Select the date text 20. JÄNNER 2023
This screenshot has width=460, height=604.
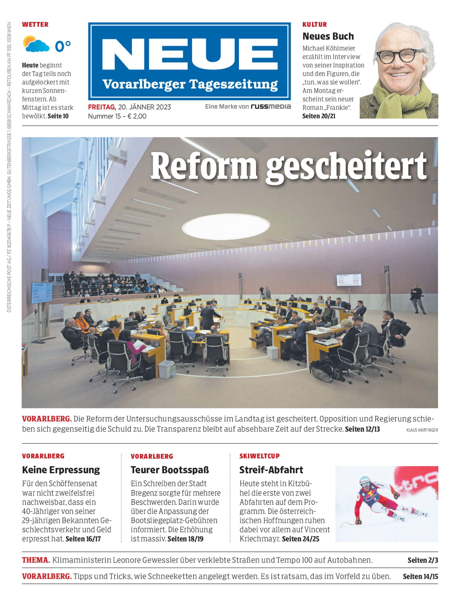[144, 107]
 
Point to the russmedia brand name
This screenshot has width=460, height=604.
[271, 107]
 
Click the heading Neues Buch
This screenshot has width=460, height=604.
[328, 36]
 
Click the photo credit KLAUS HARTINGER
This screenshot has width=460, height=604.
[422, 430]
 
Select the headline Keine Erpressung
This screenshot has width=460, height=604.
[61, 470]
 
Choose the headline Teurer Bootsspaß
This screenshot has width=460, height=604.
[170, 470]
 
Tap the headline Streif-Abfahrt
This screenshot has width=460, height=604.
[271, 470]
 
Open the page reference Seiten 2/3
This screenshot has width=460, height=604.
[423, 560]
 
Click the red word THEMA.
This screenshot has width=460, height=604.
[36, 560]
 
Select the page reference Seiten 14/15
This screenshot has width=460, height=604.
[420, 576]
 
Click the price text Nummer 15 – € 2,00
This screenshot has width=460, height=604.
[117, 116]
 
